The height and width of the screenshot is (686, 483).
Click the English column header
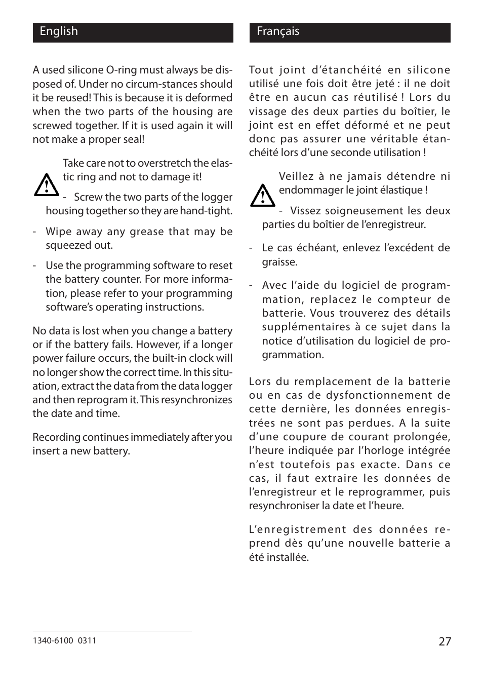click(59, 31)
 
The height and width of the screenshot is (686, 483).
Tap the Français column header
click(278, 31)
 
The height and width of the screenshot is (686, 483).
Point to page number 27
click(444, 641)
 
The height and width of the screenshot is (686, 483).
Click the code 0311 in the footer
click(87, 640)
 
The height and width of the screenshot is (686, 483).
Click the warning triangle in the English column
click(46, 185)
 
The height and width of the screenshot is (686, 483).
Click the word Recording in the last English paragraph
click(56, 437)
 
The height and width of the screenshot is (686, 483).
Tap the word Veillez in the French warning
click(296, 176)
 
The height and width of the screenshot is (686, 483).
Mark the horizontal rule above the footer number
click(112, 631)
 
